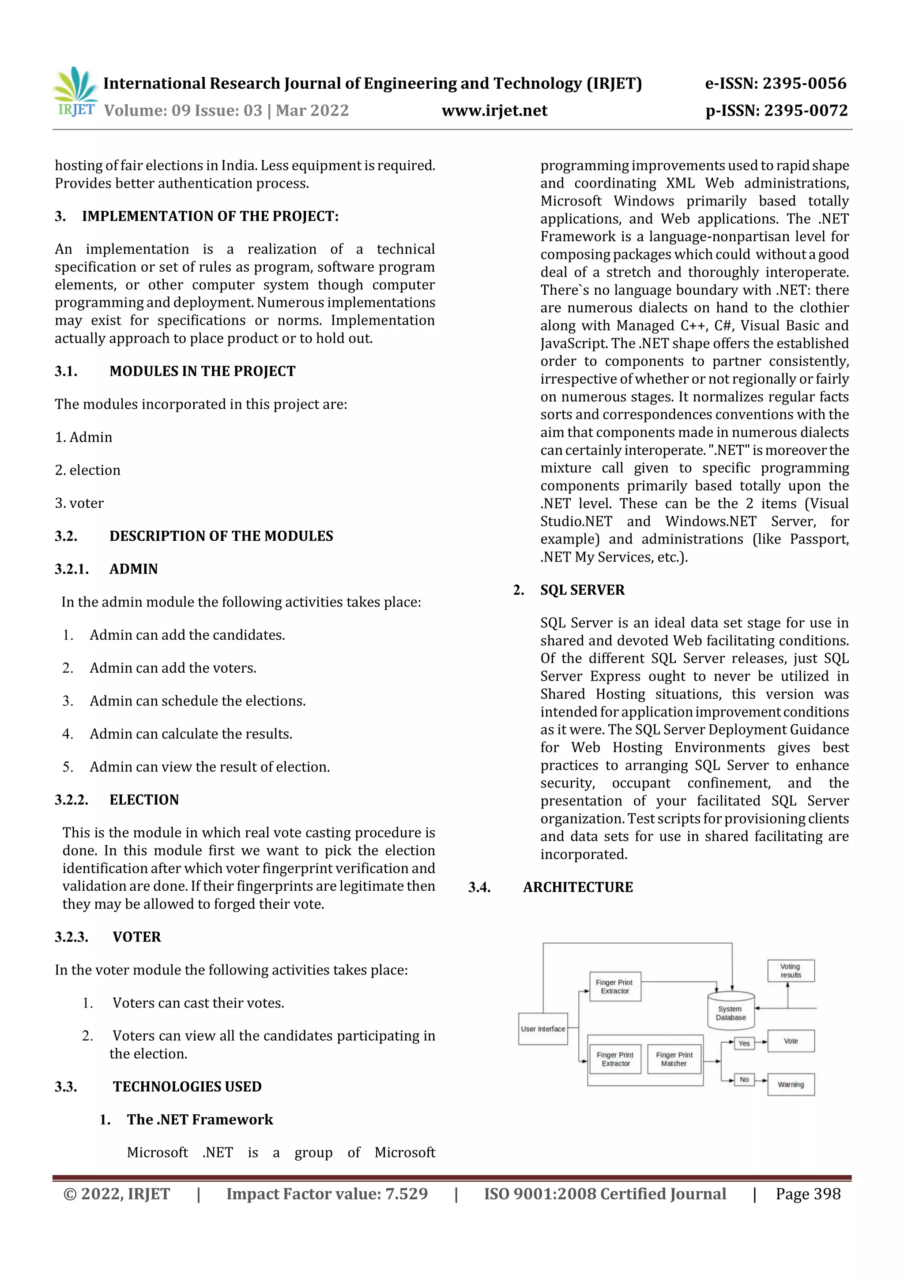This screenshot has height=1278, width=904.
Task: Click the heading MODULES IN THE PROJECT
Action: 202,371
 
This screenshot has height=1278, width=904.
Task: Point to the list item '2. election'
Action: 87,470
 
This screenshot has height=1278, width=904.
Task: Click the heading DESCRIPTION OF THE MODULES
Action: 221,536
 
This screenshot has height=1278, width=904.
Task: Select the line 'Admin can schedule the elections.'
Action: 197,701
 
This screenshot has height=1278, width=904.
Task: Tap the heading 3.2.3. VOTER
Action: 108,937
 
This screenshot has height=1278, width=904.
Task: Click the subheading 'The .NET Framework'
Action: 200,1119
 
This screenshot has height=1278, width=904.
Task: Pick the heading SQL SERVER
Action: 582,590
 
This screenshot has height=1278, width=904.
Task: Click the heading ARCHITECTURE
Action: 578,887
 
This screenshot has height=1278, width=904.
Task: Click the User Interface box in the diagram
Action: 542,1029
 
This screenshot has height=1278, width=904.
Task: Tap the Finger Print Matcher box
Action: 674,1059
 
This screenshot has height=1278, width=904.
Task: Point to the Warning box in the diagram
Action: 791,1084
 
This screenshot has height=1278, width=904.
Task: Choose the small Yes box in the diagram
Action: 744,1043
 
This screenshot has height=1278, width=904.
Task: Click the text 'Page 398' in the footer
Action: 808,1194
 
